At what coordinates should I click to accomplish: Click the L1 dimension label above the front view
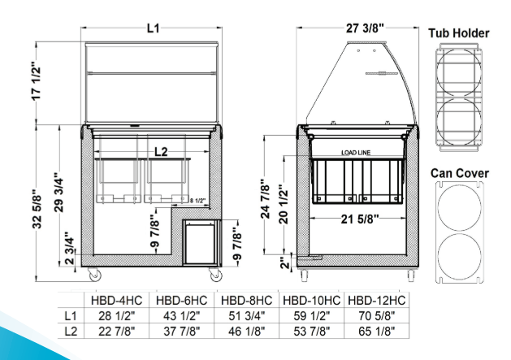point(154,28)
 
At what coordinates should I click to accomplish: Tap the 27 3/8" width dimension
point(365,28)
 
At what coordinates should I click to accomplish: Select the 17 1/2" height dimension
point(37,80)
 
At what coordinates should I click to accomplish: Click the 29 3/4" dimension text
point(59,193)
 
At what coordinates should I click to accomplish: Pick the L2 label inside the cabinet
point(161,152)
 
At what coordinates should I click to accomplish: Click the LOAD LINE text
point(356,153)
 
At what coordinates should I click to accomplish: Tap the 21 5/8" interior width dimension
point(360,219)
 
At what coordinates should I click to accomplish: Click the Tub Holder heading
point(459,33)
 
